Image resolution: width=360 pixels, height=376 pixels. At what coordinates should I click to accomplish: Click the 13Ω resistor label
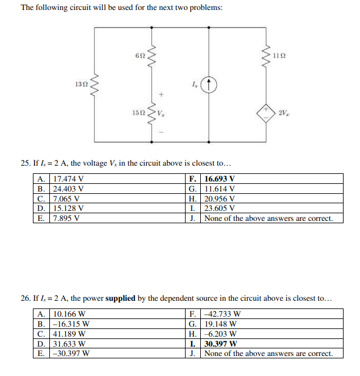82,84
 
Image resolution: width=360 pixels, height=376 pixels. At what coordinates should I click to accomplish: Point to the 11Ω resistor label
280,56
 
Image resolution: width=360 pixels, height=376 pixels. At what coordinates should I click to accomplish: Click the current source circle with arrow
210,85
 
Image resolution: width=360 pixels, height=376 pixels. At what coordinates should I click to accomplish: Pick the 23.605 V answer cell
219,208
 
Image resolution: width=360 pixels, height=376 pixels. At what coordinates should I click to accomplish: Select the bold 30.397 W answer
220,344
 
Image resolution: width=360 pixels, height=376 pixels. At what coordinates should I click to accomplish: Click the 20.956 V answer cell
219,199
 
